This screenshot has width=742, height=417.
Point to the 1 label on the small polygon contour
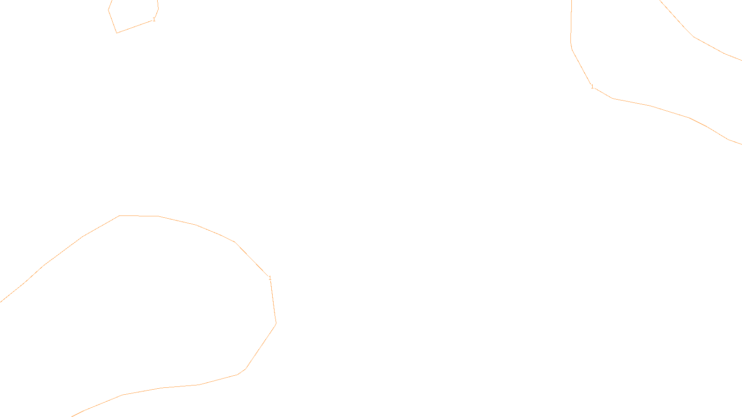pyautogui.click(x=154, y=19)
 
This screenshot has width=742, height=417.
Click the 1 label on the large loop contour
pyautogui.click(x=270, y=278)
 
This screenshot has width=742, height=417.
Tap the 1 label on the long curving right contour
pyautogui.click(x=592, y=86)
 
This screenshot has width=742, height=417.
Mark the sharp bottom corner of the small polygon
pyautogui.click(x=117, y=33)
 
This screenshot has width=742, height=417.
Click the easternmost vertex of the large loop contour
pyautogui.click(x=276, y=323)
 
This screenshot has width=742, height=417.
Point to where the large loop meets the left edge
pyautogui.click(x=1, y=302)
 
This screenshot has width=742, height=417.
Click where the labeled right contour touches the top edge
pyautogui.click(x=571, y=1)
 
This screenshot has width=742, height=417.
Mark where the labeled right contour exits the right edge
pyautogui.click(x=741, y=144)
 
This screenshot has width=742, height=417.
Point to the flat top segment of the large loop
pyautogui.click(x=139, y=216)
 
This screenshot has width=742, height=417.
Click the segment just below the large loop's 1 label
pyautogui.click(x=273, y=301)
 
